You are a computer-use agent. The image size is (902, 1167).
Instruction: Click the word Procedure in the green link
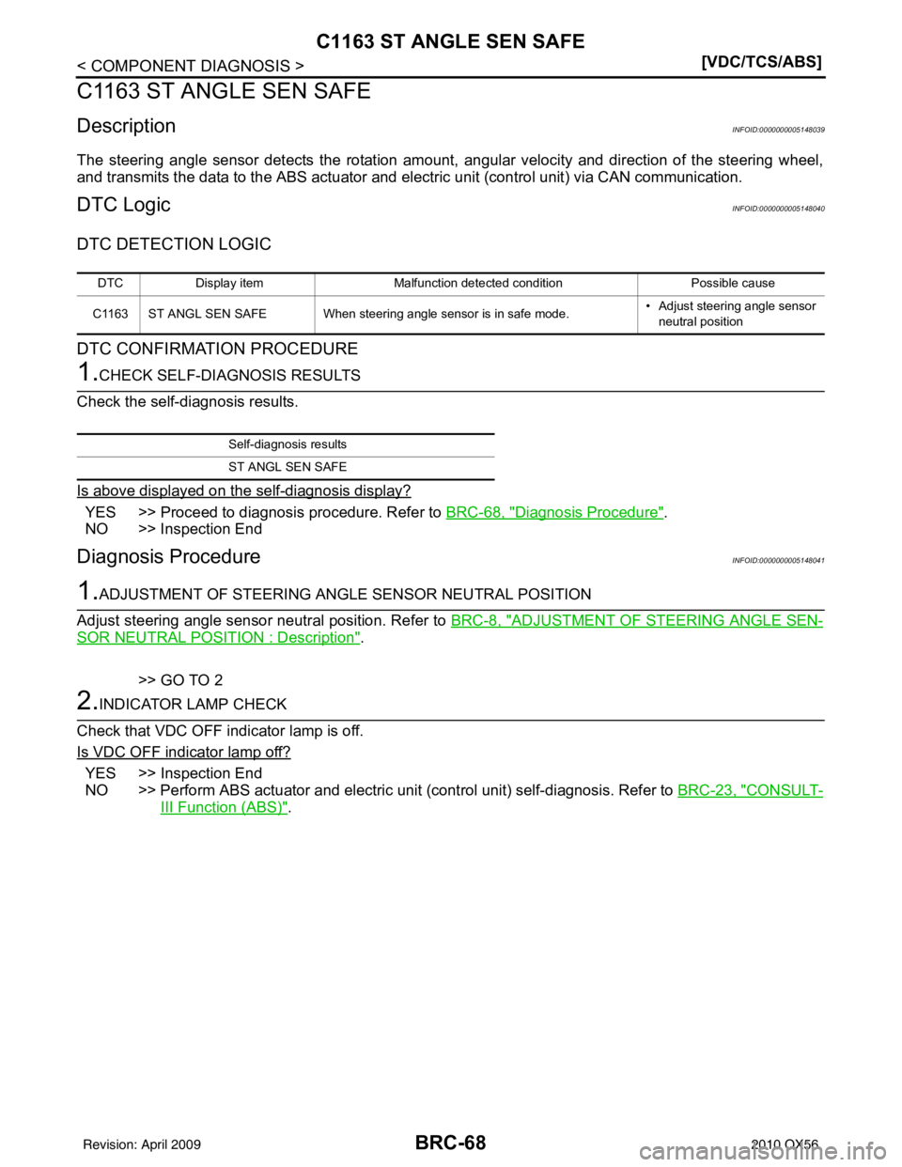tap(622, 512)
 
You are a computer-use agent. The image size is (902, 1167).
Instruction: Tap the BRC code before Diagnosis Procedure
tap(473, 512)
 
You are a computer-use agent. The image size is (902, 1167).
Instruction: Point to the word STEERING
tap(691, 621)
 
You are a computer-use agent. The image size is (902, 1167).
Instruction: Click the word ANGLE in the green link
tap(762, 621)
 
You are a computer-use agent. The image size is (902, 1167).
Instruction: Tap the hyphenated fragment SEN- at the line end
tap(806, 621)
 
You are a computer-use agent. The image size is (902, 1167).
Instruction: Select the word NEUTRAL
tap(142, 637)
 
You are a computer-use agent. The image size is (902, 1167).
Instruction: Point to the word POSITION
tap(218, 637)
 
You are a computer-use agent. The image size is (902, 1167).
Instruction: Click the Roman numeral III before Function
tap(166, 807)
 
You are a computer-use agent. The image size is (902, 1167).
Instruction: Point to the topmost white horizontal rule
tap(451, 390)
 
